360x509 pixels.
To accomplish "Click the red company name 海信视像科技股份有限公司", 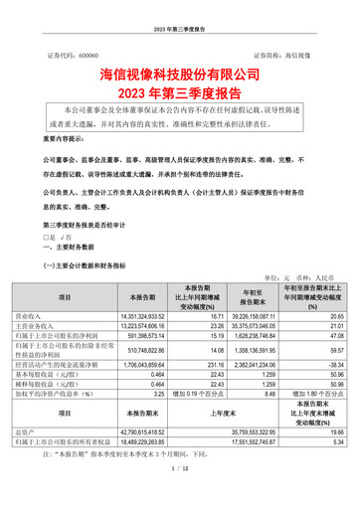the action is click(179, 74).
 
